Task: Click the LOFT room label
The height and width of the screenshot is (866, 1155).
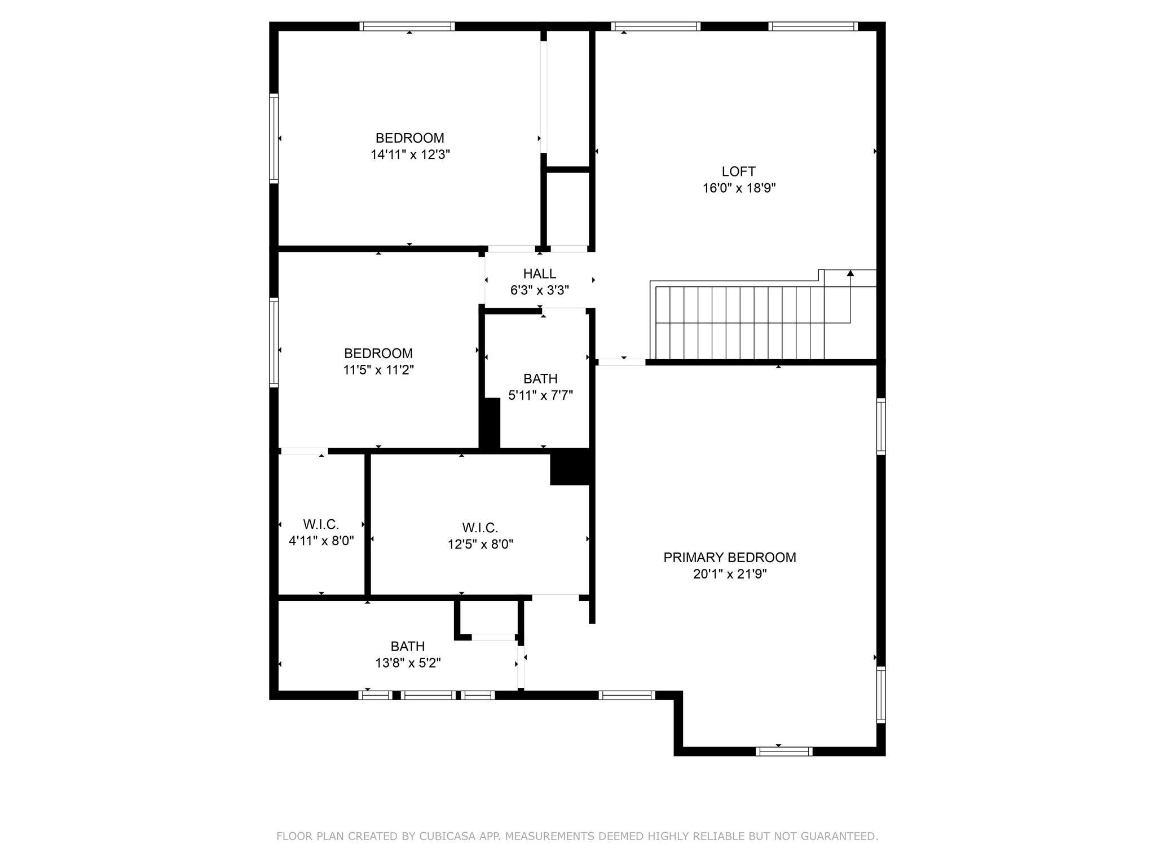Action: (x=738, y=171)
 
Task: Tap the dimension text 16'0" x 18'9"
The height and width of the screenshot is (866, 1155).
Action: (x=739, y=188)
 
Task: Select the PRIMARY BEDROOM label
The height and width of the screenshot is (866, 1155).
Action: (x=730, y=558)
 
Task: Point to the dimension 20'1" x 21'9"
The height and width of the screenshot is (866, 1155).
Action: (x=730, y=575)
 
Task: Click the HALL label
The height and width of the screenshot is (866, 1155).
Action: (x=539, y=274)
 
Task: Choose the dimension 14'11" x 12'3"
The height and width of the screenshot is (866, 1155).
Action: (x=410, y=155)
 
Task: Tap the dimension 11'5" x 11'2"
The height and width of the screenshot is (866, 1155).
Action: (x=378, y=370)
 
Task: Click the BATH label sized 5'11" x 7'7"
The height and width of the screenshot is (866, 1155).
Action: (x=540, y=379)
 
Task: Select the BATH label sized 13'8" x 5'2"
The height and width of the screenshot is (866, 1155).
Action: (x=407, y=646)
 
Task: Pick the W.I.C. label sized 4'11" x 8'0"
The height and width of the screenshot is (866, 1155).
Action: (x=321, y=525)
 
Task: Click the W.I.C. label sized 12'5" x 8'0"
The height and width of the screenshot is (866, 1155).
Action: (x=480, y=528)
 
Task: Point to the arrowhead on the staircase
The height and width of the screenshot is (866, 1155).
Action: (x=850, y=273)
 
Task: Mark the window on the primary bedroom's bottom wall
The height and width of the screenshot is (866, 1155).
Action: (x=784, y=751)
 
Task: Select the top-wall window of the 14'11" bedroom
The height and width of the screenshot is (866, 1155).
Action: (x=407, y=26)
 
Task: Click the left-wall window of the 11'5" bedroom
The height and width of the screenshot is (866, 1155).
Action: (x=274, y=342)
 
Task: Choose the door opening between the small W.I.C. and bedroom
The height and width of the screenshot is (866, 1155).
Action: (x=304, y=451)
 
